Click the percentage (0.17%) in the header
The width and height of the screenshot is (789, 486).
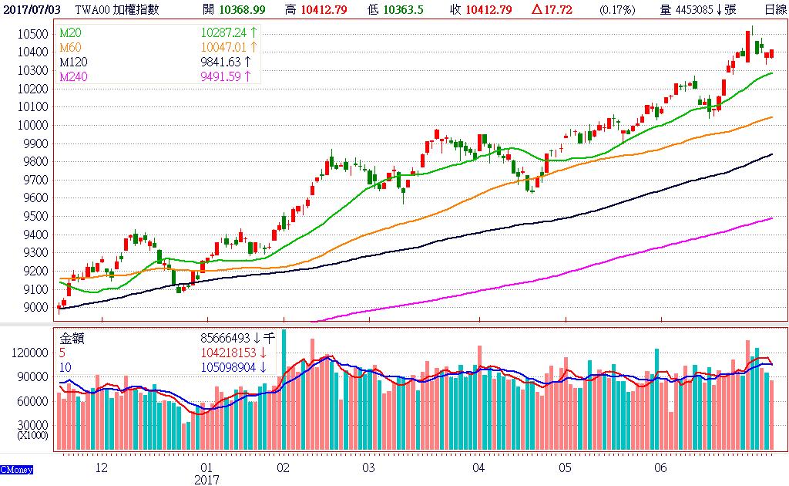pos(616,9)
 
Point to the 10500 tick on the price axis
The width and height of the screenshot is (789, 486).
pos(35,34)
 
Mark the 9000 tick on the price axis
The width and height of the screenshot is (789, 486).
pos(38,308)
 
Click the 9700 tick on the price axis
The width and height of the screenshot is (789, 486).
pos(38,180)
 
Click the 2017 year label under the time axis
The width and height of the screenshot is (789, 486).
pos(206,480)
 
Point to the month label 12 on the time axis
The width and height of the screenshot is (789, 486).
pos(100,468)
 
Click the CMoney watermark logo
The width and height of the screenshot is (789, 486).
pos(15,469)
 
